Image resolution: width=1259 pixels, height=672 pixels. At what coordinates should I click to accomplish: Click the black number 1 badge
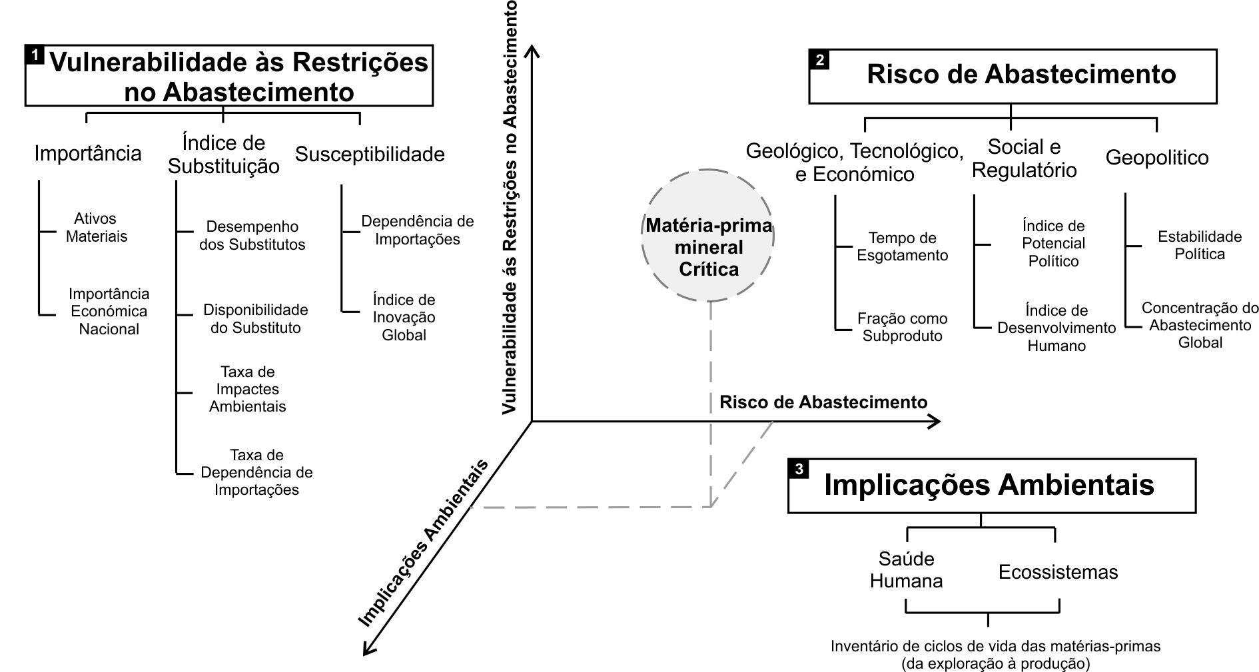35,54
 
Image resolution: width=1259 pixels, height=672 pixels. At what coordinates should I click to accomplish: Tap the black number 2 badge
819,60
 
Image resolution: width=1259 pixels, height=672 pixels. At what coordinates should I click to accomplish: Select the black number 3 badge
799,469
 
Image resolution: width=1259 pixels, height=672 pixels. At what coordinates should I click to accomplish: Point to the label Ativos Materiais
97,228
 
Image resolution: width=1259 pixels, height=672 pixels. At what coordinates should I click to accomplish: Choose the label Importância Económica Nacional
109,311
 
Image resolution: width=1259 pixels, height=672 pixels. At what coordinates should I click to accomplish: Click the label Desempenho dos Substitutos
252,236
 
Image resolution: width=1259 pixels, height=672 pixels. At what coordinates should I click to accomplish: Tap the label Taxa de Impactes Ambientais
247,389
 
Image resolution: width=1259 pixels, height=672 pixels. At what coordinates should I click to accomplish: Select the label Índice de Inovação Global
404,317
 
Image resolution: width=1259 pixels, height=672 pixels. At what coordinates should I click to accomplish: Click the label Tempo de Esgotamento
902,246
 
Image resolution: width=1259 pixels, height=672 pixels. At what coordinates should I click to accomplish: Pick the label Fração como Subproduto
902,327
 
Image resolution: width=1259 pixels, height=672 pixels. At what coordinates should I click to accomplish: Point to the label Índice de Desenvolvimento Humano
1056,328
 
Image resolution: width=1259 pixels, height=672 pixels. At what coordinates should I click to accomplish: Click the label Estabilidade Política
1199,245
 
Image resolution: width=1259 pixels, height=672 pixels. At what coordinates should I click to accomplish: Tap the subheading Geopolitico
1156,158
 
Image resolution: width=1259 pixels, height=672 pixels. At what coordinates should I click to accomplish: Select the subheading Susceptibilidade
370,155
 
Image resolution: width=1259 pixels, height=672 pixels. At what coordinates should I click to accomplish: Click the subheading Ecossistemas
1058,572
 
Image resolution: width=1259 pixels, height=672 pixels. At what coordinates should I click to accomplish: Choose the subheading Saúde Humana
906,570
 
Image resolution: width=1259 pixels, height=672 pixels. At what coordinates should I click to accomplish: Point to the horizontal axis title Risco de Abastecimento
823,402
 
